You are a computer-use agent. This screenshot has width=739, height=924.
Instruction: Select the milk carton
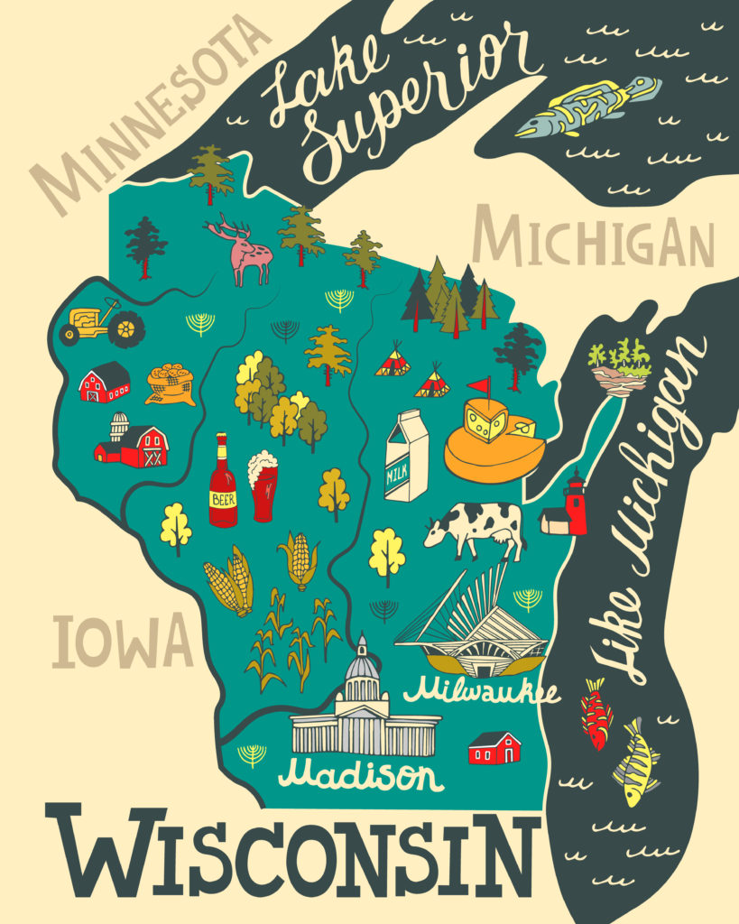click(x=405, y=456)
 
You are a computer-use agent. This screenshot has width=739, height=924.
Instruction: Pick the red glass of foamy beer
click(x=263, y=488)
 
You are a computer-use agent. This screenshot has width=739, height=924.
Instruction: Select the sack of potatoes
click(x=171, y=383)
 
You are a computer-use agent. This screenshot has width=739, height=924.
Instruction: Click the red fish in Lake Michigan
click(x=596, y=713)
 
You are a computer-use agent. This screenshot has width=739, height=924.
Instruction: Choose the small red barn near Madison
click(x=494, y=748)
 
